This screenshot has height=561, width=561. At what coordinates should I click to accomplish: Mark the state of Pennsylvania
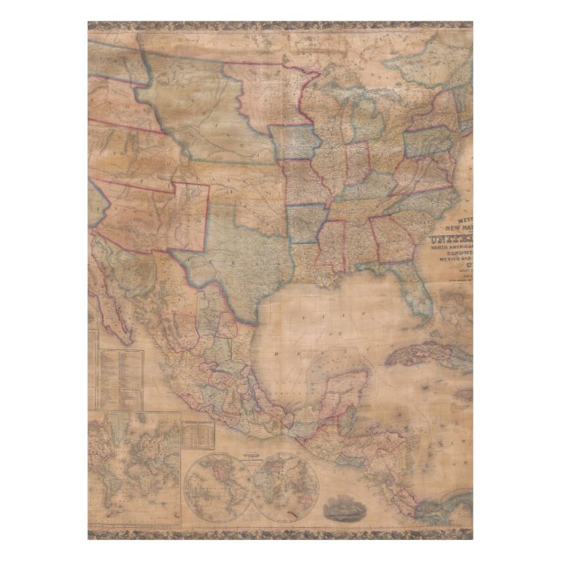click(x=428, y=140)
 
